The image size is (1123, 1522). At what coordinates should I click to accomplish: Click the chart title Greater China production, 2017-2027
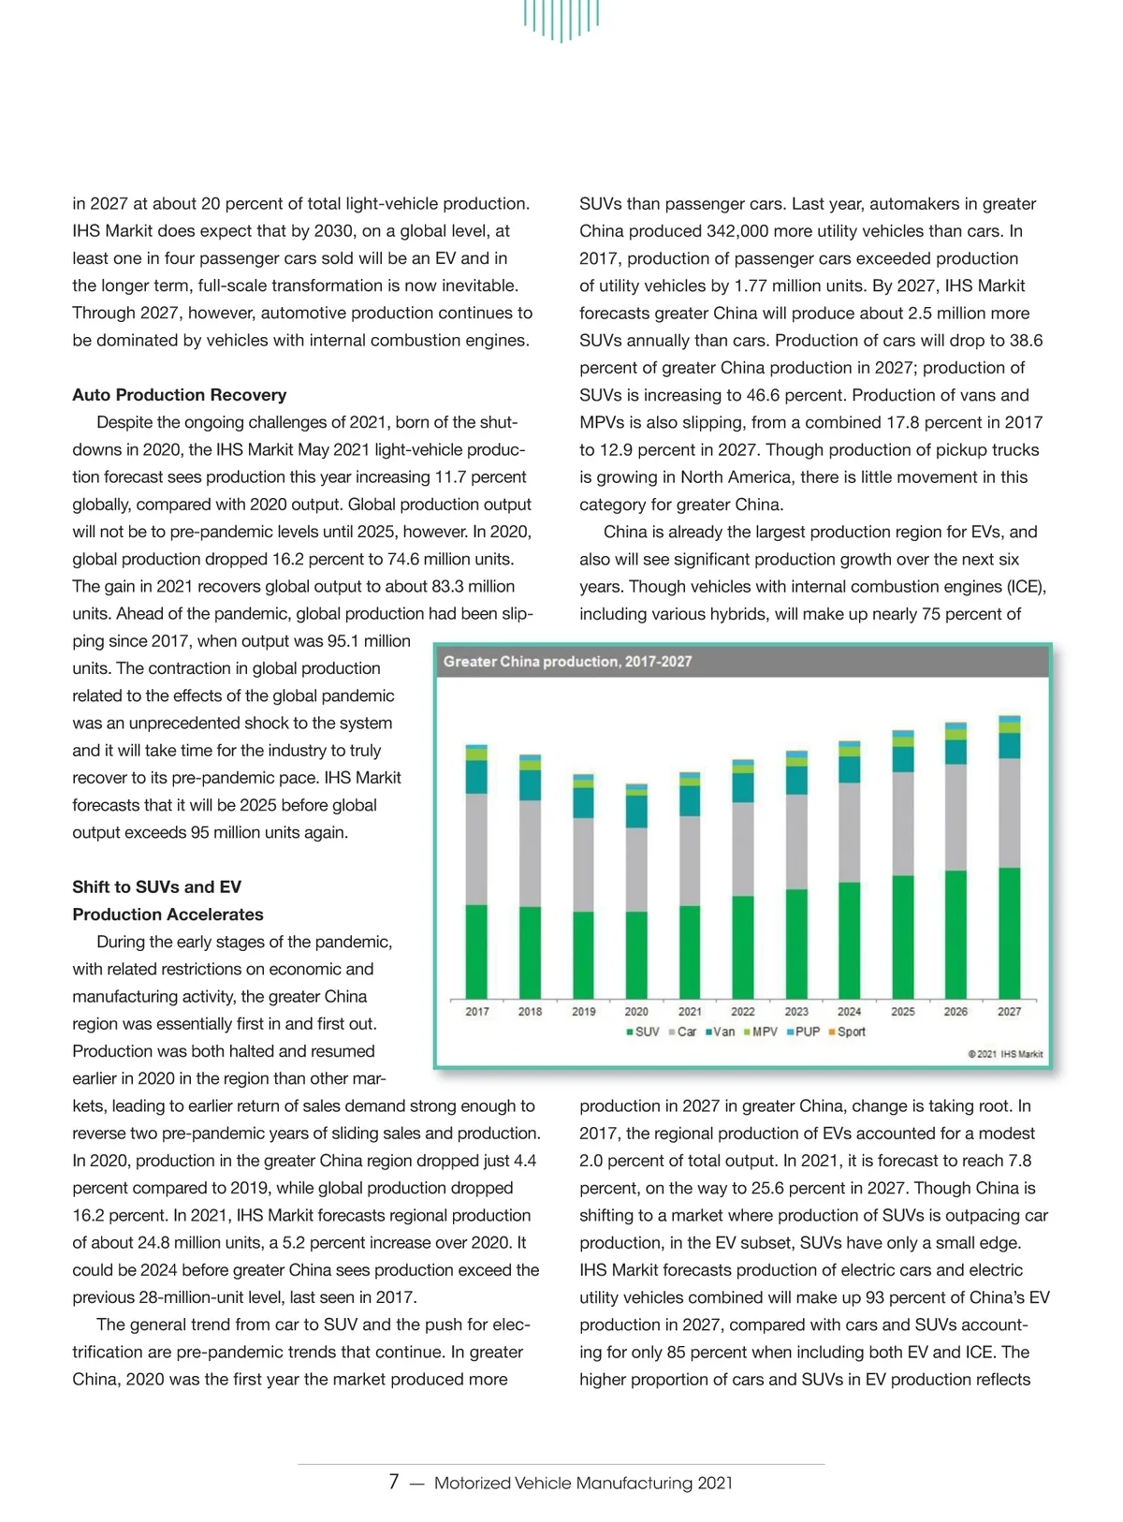(567, 662)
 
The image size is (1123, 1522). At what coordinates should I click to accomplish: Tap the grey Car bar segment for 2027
(1009, 812)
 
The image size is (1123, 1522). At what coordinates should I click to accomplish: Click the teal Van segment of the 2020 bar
(636, 811)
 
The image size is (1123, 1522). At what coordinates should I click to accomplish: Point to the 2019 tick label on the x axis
(583, 1012)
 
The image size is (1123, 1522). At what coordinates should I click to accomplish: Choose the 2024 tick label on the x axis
(849, 1012)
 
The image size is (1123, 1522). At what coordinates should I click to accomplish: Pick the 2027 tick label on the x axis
(1009, 1012)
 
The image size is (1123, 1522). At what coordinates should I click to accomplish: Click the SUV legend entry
(643, 1032)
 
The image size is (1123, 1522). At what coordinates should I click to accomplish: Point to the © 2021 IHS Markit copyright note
(1005, 1054)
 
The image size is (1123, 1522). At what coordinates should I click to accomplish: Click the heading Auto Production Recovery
(180, 395)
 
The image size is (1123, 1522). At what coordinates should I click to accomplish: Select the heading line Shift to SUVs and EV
(157, 886)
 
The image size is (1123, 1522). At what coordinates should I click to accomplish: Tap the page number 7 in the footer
(394, 1482)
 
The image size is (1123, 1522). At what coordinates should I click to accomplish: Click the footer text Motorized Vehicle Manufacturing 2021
(583, 1483)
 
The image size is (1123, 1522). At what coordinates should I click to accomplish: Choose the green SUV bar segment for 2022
(743, 946)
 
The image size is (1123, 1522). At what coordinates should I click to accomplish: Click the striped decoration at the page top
(561, 19)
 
